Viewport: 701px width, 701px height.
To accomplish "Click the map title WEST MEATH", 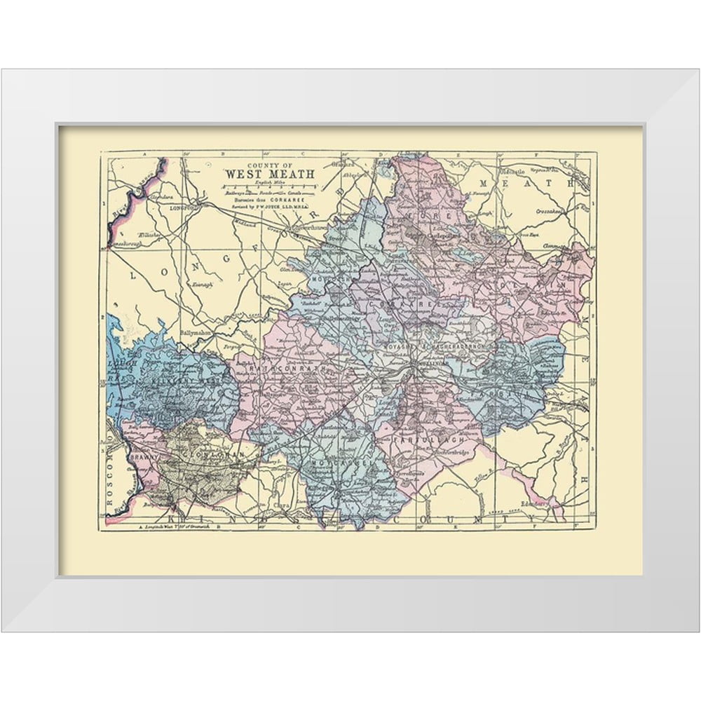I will (x=269, y=173).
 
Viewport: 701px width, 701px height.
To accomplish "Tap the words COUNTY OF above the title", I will (x=269, y=164).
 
